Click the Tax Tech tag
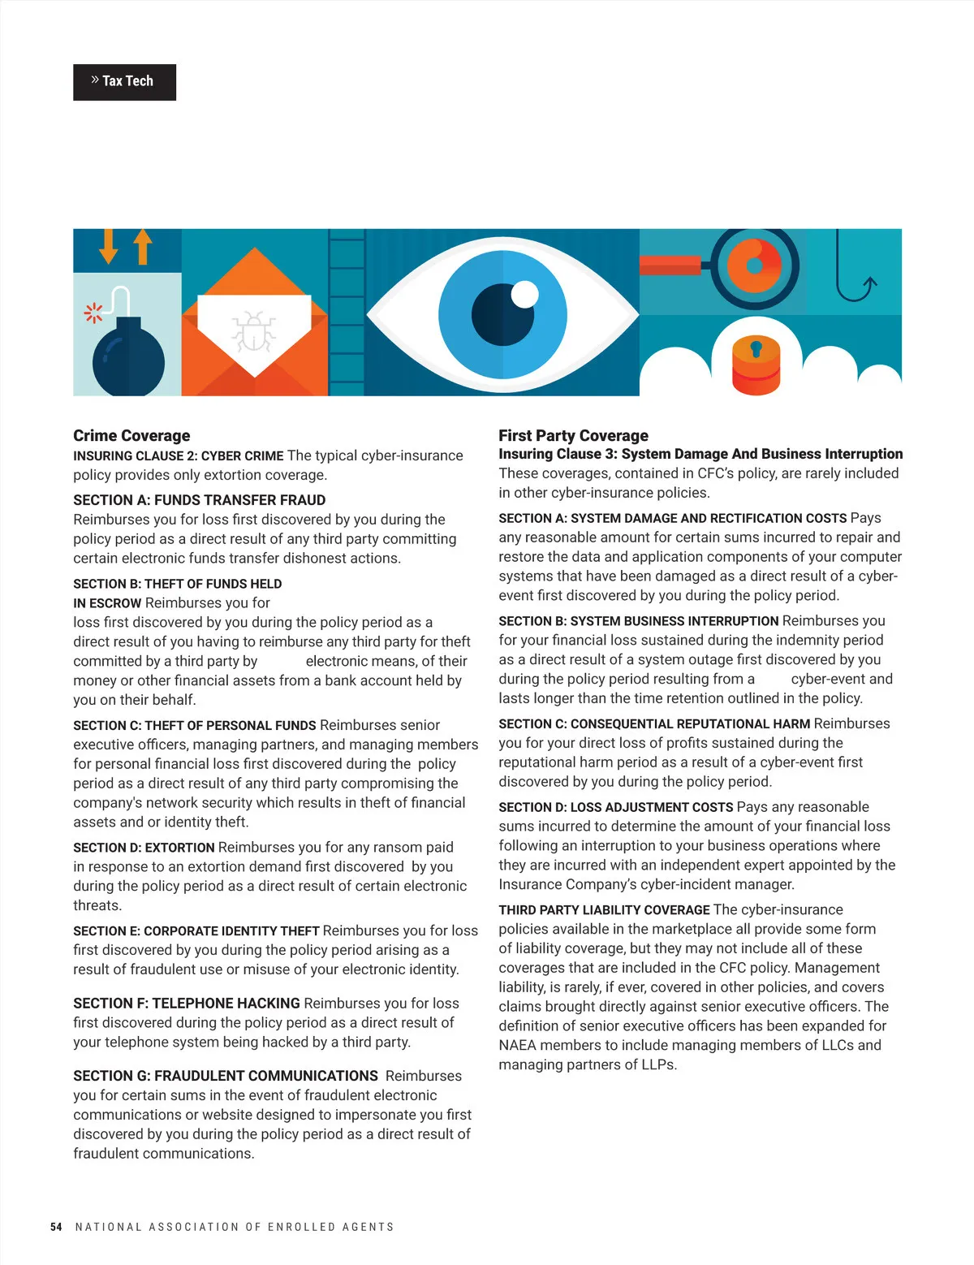[124, 82]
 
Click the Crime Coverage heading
[131, 436]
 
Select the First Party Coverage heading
[573, 436]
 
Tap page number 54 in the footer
[56, 1227]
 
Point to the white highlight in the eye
[525, 293]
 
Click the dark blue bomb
[128, 360]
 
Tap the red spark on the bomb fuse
[93, 312]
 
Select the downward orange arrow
[109, 246]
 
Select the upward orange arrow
[143, 246]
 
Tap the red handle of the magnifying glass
[670, 265]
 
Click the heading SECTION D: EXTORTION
[144, 848]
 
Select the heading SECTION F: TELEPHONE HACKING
[187, 1004]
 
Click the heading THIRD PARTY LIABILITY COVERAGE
[604, 910]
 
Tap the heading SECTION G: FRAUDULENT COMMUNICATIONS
[226, 1076]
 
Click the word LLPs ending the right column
[657, 1064]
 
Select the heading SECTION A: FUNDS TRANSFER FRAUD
[199, 500]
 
